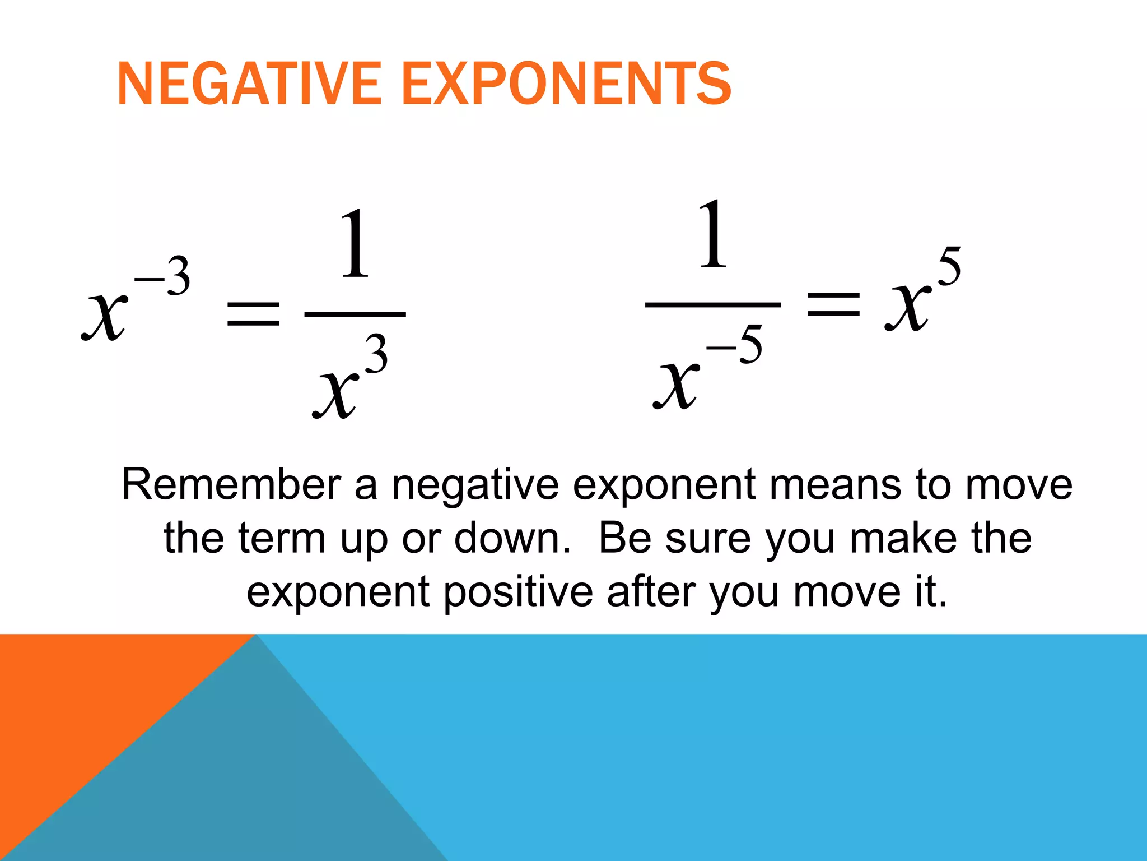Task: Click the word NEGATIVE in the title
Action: [249, 84]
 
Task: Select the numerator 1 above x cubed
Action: [355, 244]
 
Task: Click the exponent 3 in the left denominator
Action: [376, 354]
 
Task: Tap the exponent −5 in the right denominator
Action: [735, 345]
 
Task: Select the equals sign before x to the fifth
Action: [833, 305]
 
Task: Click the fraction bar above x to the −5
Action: [712, 305]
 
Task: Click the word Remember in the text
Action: [231, 484]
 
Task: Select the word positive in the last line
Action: [518, 592]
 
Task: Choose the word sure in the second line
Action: [708, 538]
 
